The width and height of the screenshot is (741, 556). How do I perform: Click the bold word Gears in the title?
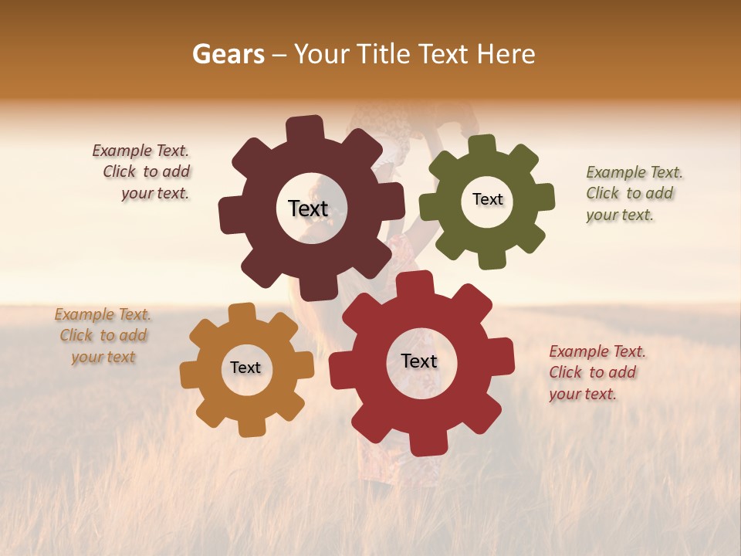click(228, 54)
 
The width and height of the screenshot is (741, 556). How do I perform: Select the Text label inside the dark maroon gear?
click(308, 208)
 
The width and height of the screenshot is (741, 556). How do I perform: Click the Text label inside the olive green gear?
click(487, 199)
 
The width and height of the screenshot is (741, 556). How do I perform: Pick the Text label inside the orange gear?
click(245, 368)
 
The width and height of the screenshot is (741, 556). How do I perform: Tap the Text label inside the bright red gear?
click(419, 361)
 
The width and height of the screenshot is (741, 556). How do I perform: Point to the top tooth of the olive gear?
click(482, 145)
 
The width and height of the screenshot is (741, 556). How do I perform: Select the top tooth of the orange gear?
click(242, 313)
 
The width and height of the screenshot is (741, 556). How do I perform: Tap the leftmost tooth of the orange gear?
click(190, 374)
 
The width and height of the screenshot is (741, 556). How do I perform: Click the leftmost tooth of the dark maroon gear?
click(229, 215)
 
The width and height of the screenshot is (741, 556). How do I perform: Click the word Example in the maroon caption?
click(121, 151)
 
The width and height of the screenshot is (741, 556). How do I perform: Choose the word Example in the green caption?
click(615, 172)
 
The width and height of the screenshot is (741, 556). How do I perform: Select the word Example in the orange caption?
click(83, 314)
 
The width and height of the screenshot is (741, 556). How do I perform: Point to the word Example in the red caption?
click(578, 352)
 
